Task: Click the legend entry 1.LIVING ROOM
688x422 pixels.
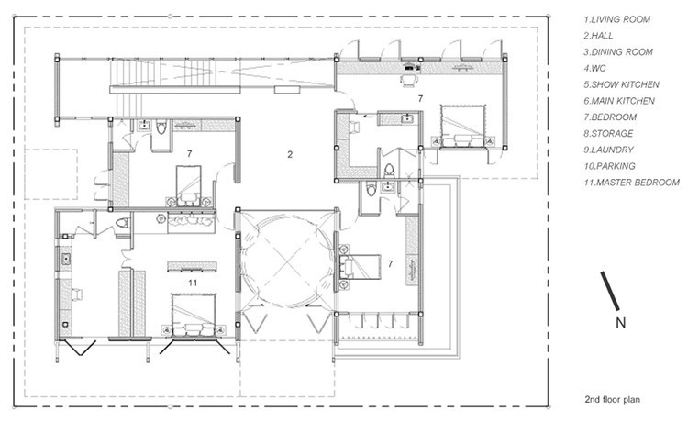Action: (x=616, y=19)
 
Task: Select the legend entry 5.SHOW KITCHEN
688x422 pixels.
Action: (x=621, y=84)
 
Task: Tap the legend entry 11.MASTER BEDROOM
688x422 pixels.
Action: (x=631, y=183)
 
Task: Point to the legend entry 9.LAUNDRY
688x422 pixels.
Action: (x=608, y=150)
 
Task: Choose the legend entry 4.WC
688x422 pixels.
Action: (x=594, y=69)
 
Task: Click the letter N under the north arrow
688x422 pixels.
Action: (x=620, y=323)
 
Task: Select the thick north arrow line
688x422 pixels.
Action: (x=610, y=291)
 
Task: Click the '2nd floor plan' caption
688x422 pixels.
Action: (x=612, y=400)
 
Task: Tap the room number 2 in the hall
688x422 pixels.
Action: (x=290, y=154)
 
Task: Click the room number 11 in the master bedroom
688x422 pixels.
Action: (x=193, y=283)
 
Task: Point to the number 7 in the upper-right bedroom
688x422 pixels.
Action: (x=420, y=99)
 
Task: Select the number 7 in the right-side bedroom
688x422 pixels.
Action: (x=391, y=263)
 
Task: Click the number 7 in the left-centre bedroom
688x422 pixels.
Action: (x=189, y=153)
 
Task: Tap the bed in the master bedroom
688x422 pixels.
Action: (x=194, y=316)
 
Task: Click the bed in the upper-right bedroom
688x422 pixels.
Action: (x=463, y=126)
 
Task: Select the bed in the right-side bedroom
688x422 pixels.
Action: (x=360, y=267)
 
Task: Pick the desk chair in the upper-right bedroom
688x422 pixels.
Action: (x=409, y=81)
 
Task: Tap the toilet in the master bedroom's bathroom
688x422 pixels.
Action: (x=123, y=223)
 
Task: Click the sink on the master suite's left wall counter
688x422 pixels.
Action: (x=66, y=259)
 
